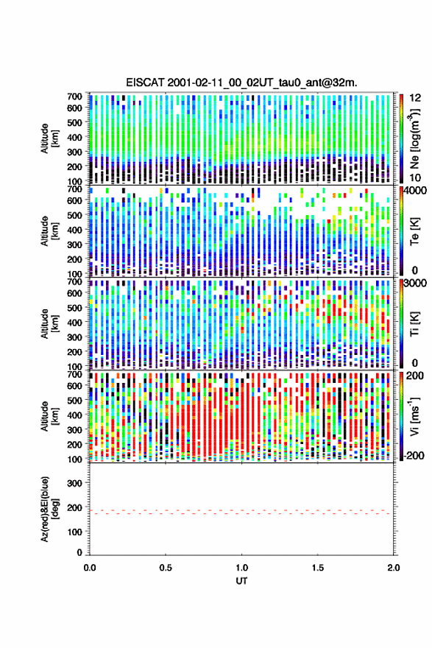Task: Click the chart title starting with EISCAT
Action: click(241, 82)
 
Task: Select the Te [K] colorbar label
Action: click(414, 231)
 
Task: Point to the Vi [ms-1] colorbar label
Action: click(414, 416)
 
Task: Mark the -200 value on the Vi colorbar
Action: click(414, 456)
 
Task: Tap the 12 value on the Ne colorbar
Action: click(416, 97)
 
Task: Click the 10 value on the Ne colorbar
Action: click(416, 177)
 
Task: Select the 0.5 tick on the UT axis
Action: click(166, 568)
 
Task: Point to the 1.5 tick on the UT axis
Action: click(318, 568)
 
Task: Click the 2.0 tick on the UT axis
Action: click(394, 568)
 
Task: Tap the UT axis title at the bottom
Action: click(241, 581)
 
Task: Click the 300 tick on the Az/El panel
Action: click(75, 483)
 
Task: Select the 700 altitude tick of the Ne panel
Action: click(75, 96)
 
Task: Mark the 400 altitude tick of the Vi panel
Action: click(75, 415)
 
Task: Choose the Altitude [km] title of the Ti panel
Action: click(50, 323)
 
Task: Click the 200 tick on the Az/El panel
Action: click(75, 507)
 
